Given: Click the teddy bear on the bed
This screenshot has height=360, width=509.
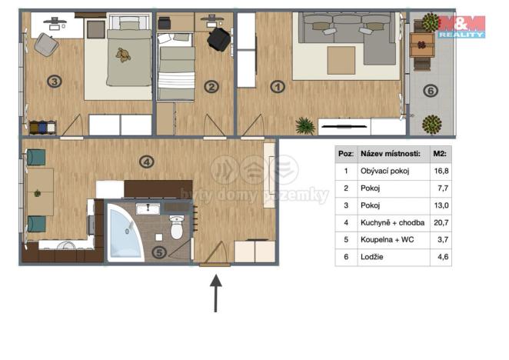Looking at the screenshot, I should (x=122, y=55).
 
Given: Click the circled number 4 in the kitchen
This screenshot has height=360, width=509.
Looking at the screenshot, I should (x=147, y=162).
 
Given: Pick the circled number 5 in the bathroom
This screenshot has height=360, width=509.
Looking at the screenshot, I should (x=158, y=251).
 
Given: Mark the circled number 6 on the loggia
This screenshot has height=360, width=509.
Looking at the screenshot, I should (x=431, y=92).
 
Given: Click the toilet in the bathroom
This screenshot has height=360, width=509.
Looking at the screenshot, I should (x=176, y=227).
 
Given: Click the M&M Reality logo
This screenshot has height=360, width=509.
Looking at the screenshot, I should (x=461, y=25).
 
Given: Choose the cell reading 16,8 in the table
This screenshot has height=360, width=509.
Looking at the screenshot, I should (x=441, y=172).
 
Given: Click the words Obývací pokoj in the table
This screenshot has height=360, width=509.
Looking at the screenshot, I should (x=385, y=172).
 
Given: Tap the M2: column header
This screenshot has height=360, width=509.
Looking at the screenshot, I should (x=441, y=154).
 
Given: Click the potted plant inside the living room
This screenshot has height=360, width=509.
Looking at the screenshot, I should (x=306, y=125).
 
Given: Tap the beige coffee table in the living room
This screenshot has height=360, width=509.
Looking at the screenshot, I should (x=341, y=60).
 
